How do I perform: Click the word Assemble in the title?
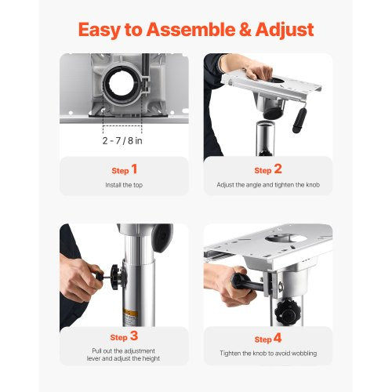pyautogui.click(x=191, y=30)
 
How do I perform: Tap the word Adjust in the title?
pyautogui.click(x=285, y=31)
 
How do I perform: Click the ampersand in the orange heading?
pyautogui.click(x=245, y=30)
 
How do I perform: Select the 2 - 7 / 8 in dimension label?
pyautogui.click(x=122, y=141)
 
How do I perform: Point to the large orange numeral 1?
pyautogui.click(x=134, y=169)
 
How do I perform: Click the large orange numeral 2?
pyautogui.click(x=278, y=169)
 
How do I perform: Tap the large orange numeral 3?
pyautogui.click(x=134, y=336)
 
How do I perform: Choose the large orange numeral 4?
pyautogui.click(x=278, y=338)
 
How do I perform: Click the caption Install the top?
pyautogui.click(x=124, y=185)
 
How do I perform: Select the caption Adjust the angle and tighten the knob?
pyautogui.click(x=268, y=185)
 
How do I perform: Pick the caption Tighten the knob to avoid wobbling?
pyautogui.click(x=268, y=354)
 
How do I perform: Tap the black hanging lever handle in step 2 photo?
pyautogui.click(x=299, y=120)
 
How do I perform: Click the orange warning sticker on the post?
pyautogui.click(x=130, y=313)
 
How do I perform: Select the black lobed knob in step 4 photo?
pyautogui.click(x=285, y=311)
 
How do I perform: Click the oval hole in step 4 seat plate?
pyautogui.click(x=285, y=238)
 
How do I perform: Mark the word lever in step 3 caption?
pyautogui.click(x=93, y=358)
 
